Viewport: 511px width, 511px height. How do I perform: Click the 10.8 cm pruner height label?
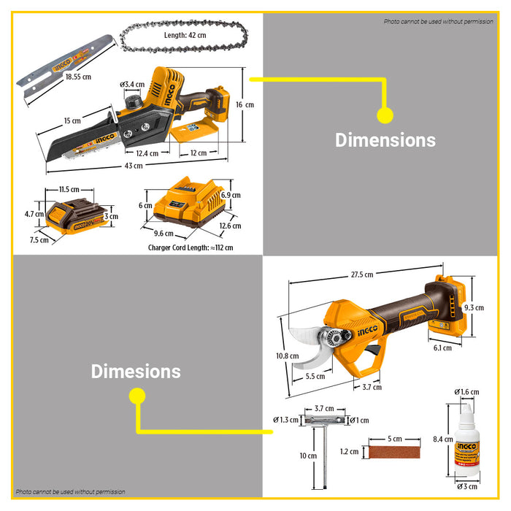287,356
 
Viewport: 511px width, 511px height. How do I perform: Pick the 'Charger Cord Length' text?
190,247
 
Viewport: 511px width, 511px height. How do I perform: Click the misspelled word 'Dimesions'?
136,371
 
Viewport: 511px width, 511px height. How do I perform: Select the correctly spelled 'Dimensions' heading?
385,140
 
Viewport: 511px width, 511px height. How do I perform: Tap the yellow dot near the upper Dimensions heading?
385,115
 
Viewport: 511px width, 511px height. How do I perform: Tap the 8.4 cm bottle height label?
442,439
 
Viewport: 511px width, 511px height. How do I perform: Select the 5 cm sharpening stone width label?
395,439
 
